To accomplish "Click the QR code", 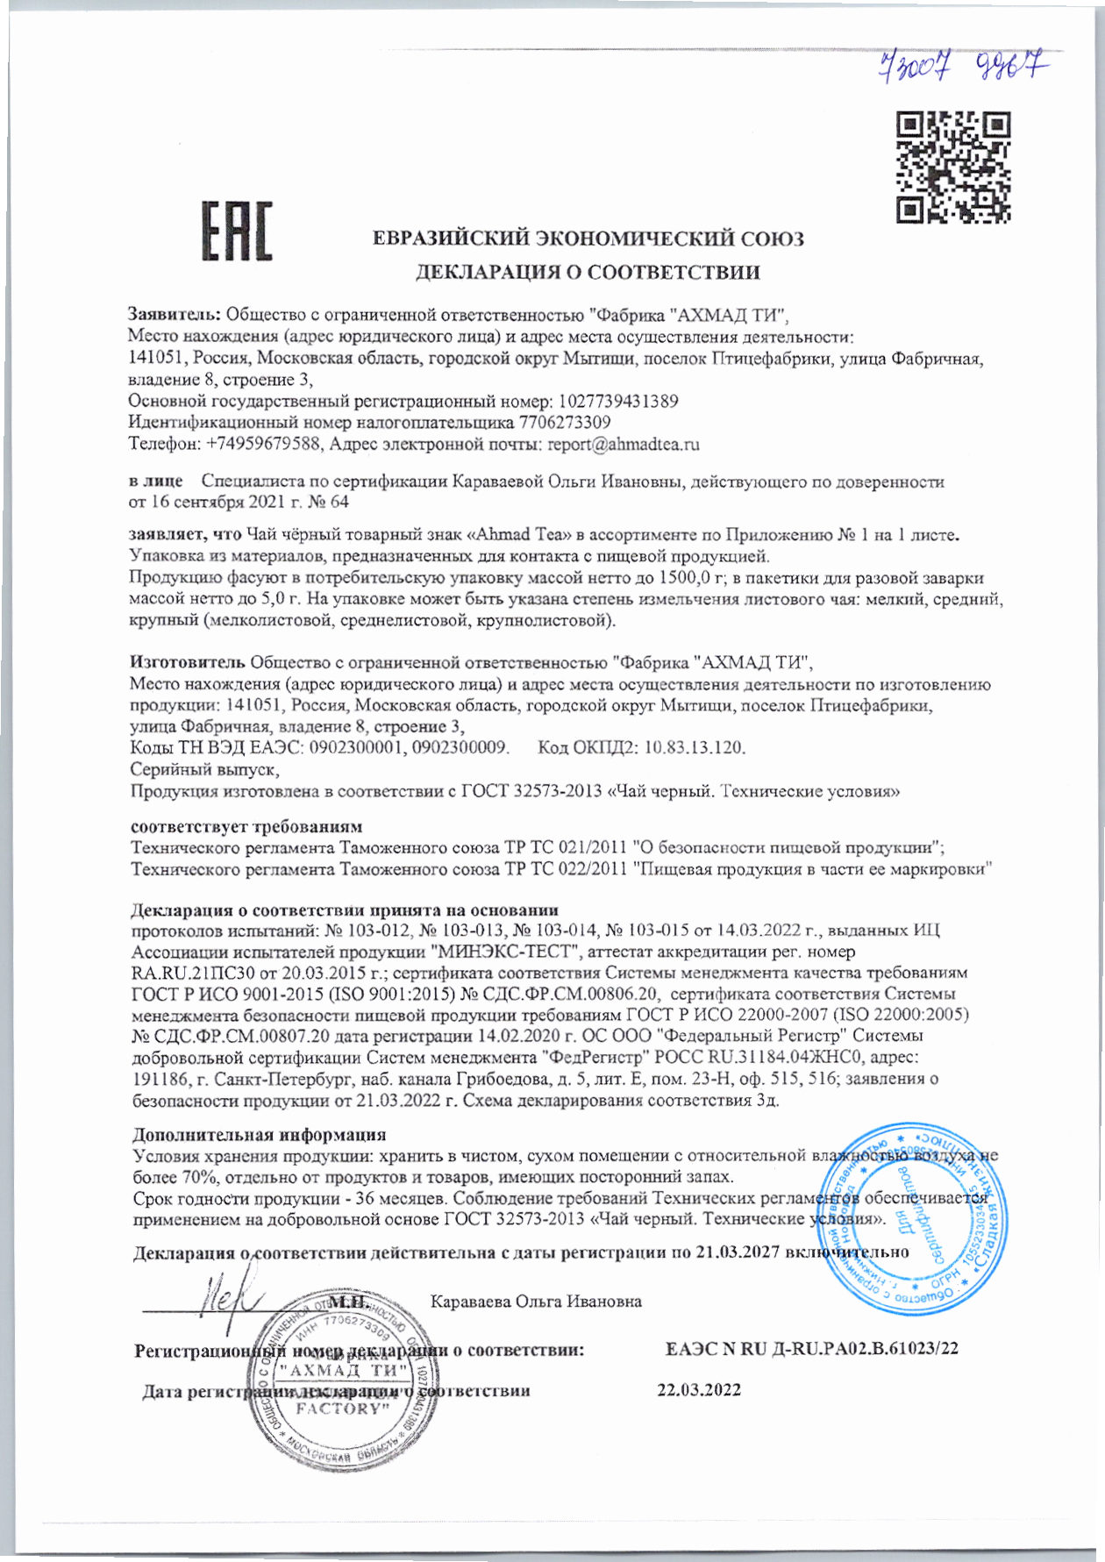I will click(x=953, y=166).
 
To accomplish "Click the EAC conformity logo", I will click(x=237, y=232).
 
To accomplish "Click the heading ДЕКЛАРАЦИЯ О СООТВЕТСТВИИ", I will click(x=587, y=273).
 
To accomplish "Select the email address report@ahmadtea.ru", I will click(x=624, y=445).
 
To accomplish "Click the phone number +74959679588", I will click(x=262, y=445).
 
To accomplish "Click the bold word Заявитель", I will click(x=175, y=313).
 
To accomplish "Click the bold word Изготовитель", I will click(x=187, y=661).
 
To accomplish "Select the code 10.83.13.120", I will click(x=695, y=747).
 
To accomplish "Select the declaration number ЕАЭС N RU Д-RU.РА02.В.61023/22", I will click(x=812, y=1349).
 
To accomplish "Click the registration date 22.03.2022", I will click(x=699, y=1389).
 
